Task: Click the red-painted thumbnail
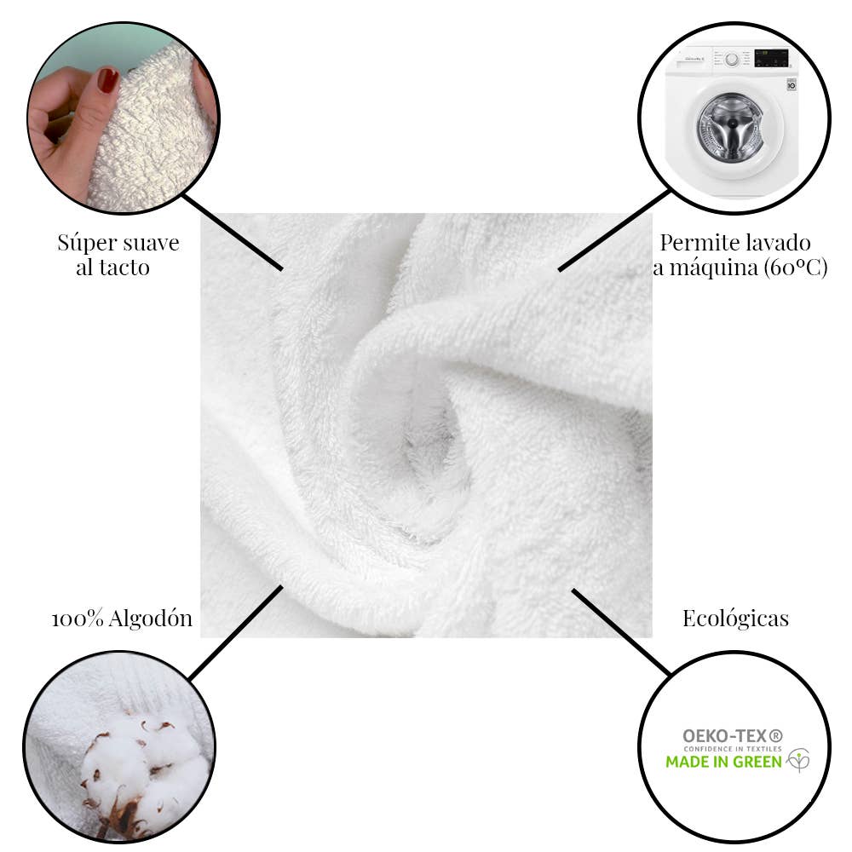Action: tap(107, 80)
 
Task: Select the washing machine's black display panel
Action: tap(772, 58)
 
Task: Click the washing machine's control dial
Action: tap(732, 59)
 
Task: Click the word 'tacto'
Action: tap(124, 268)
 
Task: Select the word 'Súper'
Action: tap(84, 244)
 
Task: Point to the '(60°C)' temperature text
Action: tap(795, 268)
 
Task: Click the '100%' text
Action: tap(78, 619)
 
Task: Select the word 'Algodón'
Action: tap(151, 619)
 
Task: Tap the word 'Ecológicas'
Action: tap(735, 619)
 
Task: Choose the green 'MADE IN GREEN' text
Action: tap(723, 762)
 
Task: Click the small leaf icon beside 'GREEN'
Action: tap(797, 760)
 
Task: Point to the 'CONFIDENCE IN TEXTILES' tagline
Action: tap(733, 749)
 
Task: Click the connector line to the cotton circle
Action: tap(236, 632)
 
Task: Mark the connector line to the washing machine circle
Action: tap(614, 230)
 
